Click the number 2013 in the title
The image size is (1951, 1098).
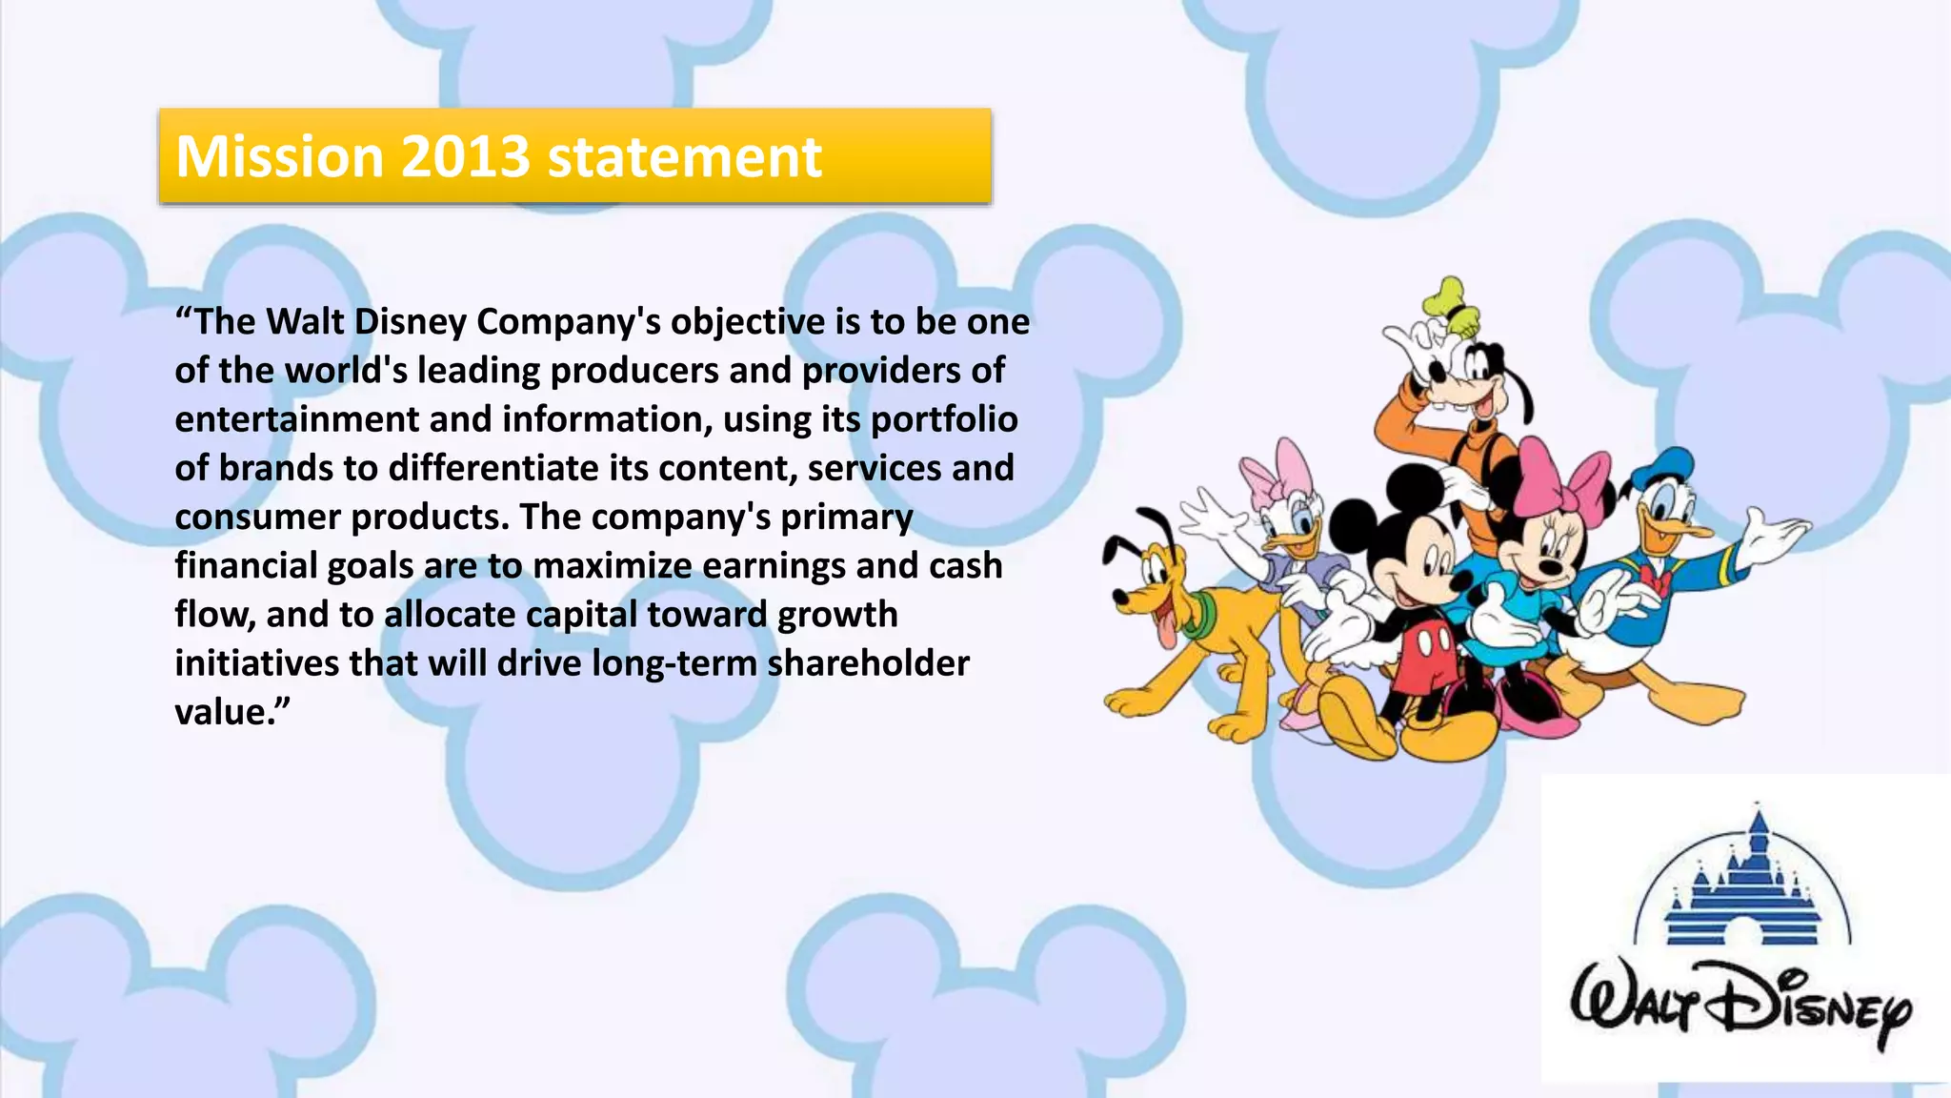tap(465, 156)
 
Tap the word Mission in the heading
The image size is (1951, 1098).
tap(279, 156)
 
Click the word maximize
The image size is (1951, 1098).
tap(612, 566)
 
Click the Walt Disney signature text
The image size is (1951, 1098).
tap(1740, 1006)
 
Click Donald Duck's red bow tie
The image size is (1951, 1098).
tap(1659, 578)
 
